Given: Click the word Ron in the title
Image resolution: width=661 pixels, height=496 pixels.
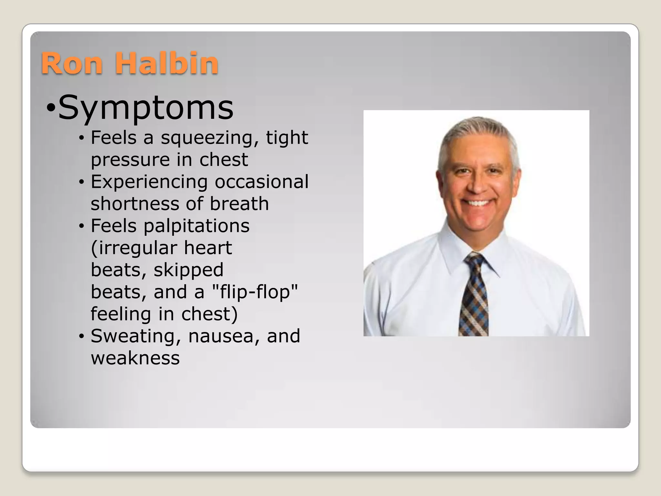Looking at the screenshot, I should click(72, 63).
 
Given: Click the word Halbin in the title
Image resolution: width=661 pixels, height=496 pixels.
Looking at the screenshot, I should click(167, 63).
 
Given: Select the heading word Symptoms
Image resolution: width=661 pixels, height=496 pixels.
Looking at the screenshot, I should click(146, 108).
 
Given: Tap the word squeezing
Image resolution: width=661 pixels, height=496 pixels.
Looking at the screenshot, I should click(210, 138).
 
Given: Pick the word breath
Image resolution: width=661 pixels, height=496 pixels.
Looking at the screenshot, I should click(239, 204).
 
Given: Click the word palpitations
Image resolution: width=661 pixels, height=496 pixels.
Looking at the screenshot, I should click(196, 226).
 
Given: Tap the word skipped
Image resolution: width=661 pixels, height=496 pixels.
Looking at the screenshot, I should click(188, 270).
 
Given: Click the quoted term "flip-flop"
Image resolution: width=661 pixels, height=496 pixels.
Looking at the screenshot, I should click(255, 292).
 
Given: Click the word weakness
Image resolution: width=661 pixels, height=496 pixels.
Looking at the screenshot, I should click(135, 358).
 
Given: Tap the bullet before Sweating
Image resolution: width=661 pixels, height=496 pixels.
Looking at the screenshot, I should click(81, 336).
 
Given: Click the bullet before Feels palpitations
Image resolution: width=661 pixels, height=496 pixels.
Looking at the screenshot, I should click(81, 226).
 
